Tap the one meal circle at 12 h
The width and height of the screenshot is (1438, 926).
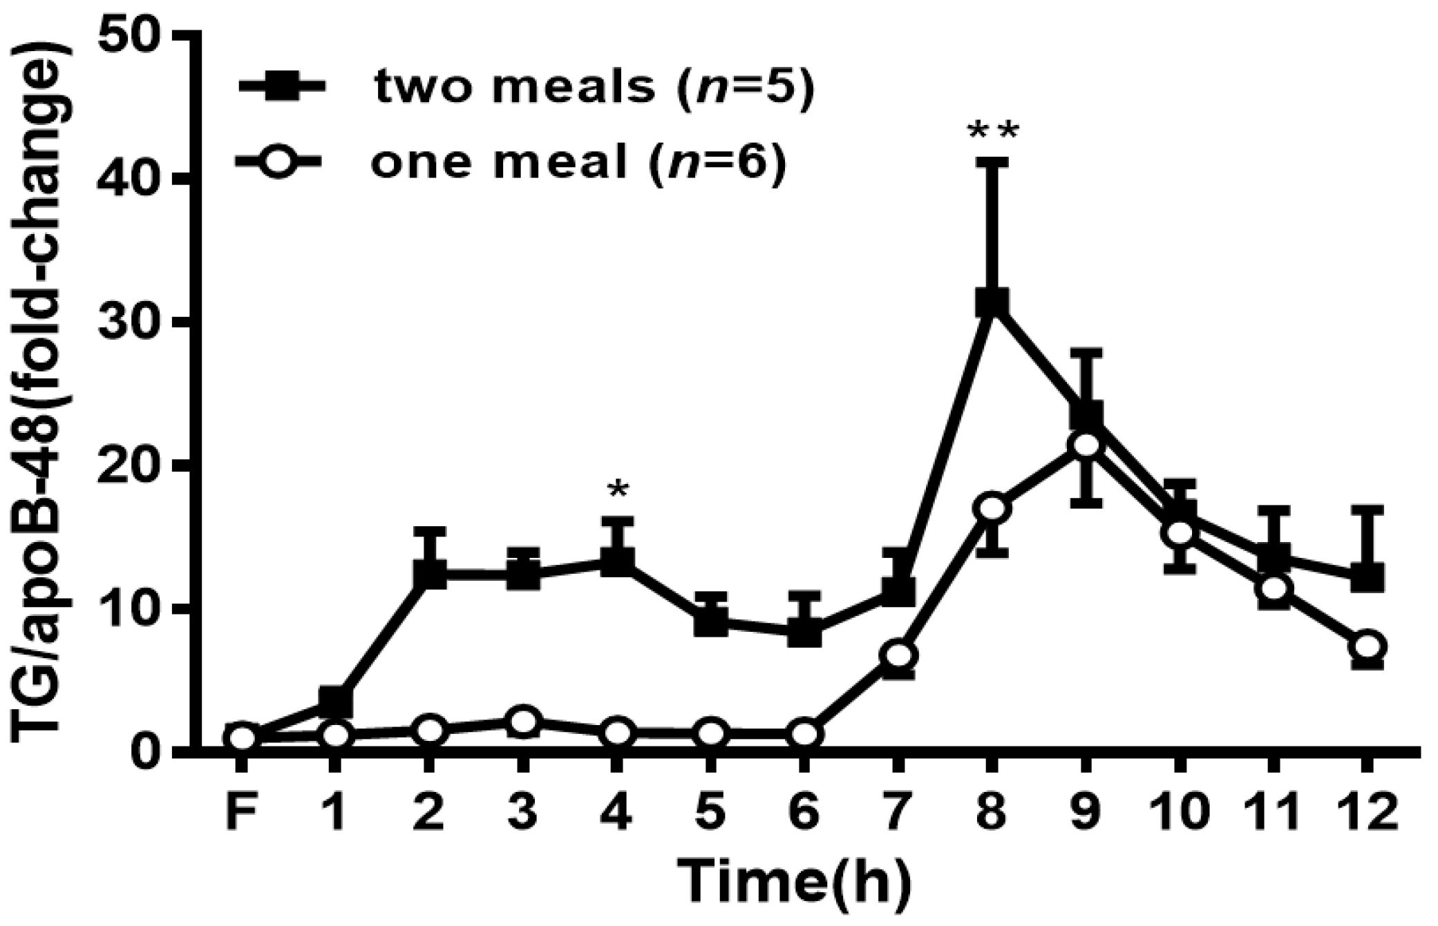pyautogui.click(x=1367, y=646)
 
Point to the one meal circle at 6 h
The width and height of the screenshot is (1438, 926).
pyautogui.click(x=804, y=733)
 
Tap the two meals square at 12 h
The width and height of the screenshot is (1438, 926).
pyautogui.click(x=1367, y=577)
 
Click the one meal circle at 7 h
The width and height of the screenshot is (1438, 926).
pyautogui.click(x=898, y=655)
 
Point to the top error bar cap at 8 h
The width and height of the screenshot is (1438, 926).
pyautogui.click(x=992, y=162)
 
